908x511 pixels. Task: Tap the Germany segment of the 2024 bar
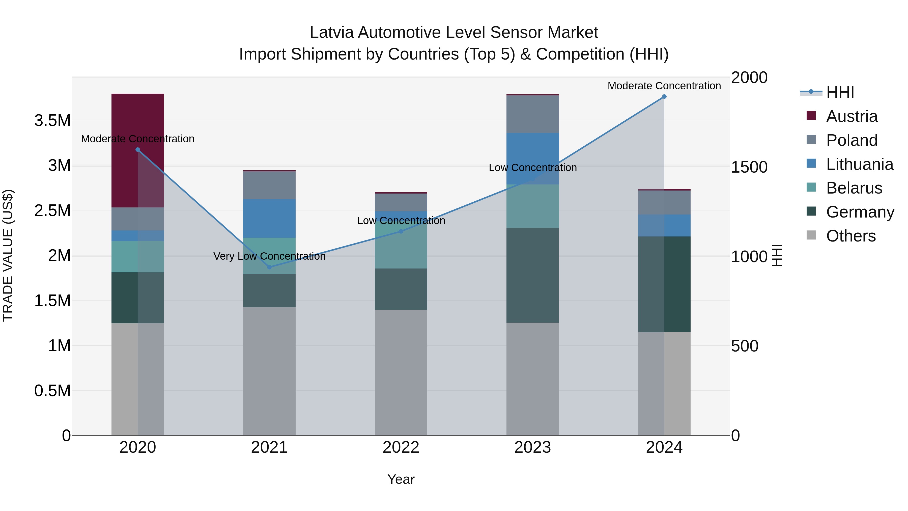(x=664, y=284)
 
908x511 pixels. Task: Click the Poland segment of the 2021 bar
(x=269, y=185)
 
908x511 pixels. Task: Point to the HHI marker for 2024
(x=664, y=97)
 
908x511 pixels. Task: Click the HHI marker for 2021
(x=269, y=267)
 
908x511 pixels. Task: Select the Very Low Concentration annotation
(x=269, y=256)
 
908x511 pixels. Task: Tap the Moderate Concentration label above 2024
(x=664, y=86)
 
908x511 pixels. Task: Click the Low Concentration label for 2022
(x=401, y=221)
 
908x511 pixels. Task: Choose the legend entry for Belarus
(x=854, y=188)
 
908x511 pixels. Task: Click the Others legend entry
(x=850, y=236)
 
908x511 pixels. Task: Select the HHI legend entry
(x=840, y=92)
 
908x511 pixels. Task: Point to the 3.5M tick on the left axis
(x=52, y=121)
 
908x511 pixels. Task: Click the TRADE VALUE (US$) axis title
(x=8, y=255)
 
